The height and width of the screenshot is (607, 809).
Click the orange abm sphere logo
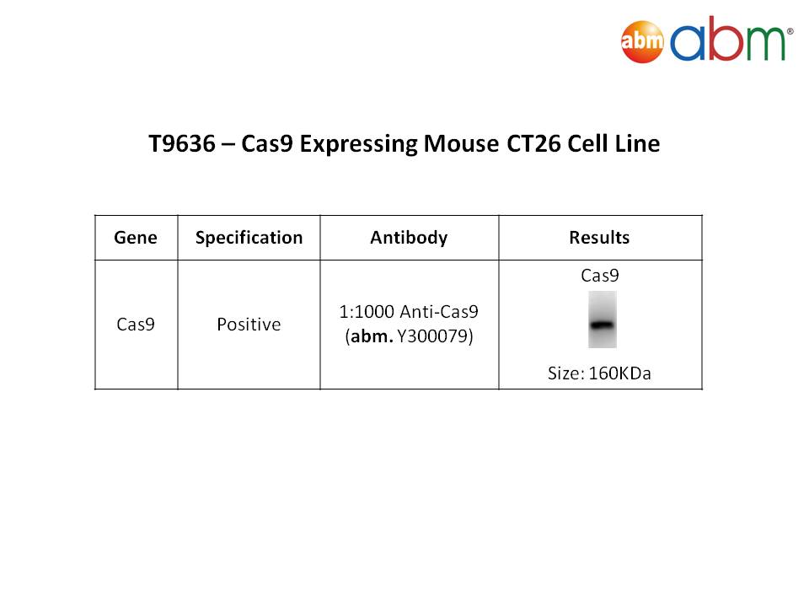642,42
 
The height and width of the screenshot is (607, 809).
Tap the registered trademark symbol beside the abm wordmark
790,31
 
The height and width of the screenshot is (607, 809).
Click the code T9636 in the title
182,143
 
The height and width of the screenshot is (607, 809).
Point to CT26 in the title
533,143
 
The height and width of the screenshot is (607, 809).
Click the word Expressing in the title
358,144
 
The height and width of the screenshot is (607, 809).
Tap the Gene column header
136,238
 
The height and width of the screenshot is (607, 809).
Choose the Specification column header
249,238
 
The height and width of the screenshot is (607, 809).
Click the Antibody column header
410,238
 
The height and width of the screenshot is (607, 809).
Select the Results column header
599,238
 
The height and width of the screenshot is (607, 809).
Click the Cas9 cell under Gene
136,324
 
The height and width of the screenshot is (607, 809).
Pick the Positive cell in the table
249,324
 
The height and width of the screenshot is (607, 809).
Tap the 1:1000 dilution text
367,312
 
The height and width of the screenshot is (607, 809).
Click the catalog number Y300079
435,336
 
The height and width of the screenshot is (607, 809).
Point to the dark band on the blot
602,325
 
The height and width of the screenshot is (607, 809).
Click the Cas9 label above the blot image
599,276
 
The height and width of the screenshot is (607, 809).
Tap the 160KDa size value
619,373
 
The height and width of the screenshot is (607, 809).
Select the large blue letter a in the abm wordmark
688,43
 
